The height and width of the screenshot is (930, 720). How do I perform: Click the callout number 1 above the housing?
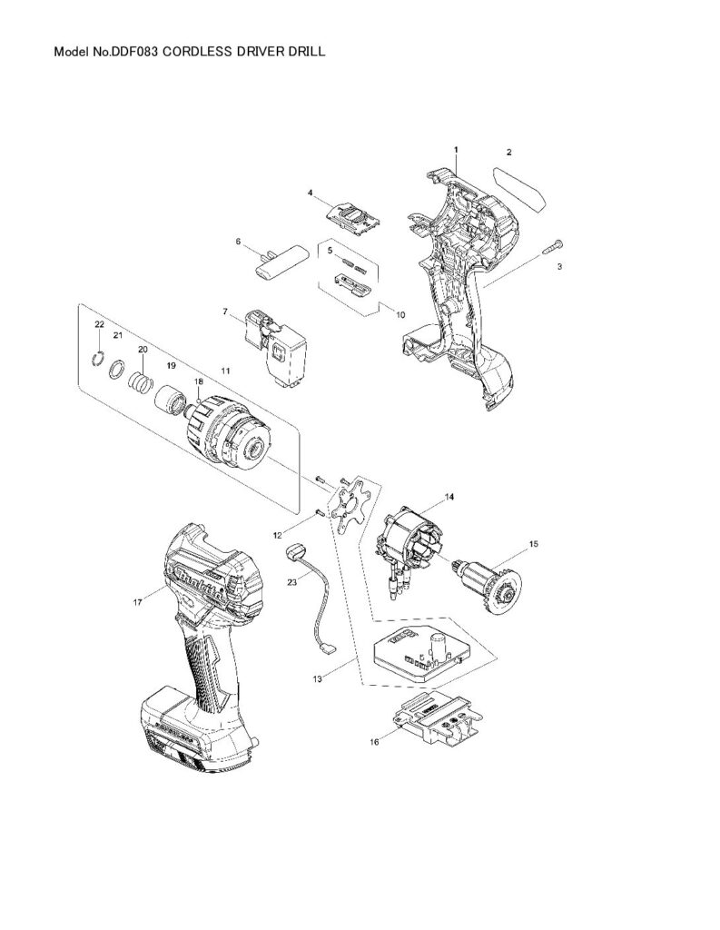456,149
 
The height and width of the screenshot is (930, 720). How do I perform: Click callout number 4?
311,193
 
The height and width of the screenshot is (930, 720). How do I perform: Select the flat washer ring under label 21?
117,369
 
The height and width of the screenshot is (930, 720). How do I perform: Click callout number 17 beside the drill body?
136,600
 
